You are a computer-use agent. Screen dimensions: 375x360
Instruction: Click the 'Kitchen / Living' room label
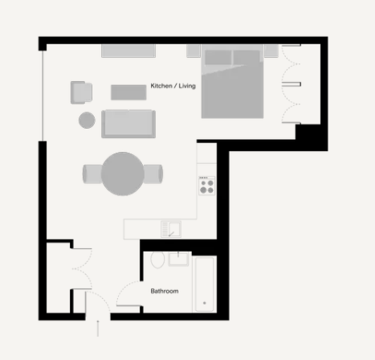point(173,86)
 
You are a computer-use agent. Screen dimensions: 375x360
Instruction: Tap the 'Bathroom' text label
point(165,291)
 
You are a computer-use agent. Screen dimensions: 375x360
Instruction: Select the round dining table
point(123,174)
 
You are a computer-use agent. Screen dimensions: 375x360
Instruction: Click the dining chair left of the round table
point(92,174)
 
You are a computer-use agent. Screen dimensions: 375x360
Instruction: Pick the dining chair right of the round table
point(153,174)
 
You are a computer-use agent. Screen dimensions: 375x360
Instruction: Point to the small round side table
point(87,120)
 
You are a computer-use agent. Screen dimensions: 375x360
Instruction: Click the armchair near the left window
point(81,92)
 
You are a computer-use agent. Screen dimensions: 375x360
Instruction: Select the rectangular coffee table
point(128,92)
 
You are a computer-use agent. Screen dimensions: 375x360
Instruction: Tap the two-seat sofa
point(128,124)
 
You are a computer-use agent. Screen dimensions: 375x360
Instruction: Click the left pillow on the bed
point(218,57)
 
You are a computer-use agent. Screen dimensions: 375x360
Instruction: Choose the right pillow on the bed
point(247,57)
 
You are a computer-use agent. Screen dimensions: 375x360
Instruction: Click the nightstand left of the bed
point(194,51)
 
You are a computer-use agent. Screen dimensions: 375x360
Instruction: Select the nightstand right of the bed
point(271,51)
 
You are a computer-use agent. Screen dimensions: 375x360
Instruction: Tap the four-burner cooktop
point(206,186)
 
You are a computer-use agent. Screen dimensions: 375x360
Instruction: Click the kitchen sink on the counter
point(171,229)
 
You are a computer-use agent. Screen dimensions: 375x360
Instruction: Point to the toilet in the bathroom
point(157,260)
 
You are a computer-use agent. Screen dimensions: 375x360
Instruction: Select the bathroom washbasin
point(178,259)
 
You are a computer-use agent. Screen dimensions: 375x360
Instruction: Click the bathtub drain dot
point(205,303)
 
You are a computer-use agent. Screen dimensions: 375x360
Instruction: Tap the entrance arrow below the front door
point(98,328)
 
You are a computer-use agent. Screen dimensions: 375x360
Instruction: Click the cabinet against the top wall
point(128,51)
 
